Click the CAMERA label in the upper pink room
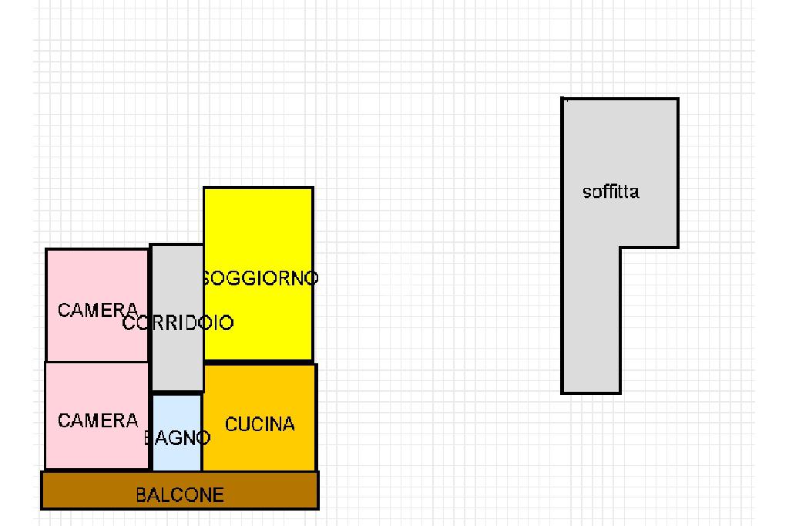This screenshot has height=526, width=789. pyautogui.click(x=98, y=310)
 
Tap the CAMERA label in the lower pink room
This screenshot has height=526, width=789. pyautogui.click(x=98, y=421)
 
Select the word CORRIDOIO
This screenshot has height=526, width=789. pyautogui.click(x=178, y=323)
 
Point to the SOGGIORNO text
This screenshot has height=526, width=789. pyautogui.click(x=260, y=278)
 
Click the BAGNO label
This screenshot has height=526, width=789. pyautogui.click(x=177, y=439)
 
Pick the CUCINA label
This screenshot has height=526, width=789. pyautogui.click(x=260, y=424)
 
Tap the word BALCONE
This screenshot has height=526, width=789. pyautogui.click(x=180, y=495)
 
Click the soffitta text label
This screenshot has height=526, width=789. pyautogui.click(x=611, y=192)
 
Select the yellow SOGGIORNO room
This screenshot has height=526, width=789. pyautogui.click(x=258, y=231)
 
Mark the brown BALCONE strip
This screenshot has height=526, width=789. pyautogui.click(x=77, y=491)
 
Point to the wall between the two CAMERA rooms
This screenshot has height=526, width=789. pyautogui.click(x=96, y=362)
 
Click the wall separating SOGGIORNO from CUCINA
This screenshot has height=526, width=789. pyautogui.click(x=258, y=362)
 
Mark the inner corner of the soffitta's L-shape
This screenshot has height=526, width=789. pyautogui.click(x=620, y=248)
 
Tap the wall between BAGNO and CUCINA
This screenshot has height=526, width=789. pyautogui.click(x=202, y=432)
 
